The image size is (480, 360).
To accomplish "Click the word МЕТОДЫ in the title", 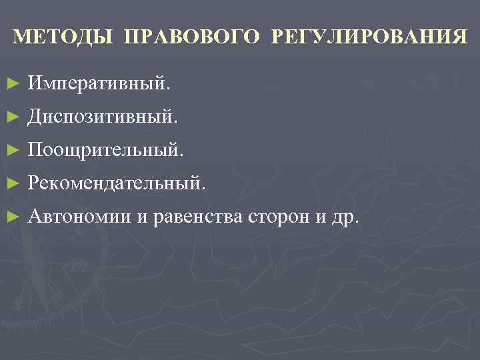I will (63, 36).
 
